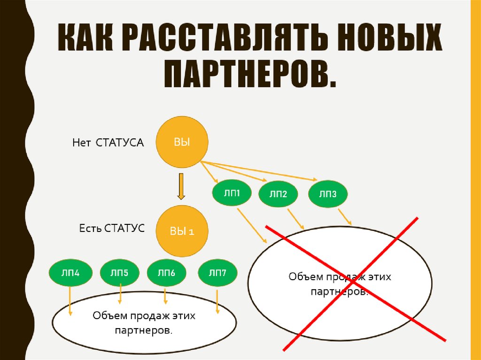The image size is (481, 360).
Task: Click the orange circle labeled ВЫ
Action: tap(182, 142)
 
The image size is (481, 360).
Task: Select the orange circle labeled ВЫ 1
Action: tap(182, 231)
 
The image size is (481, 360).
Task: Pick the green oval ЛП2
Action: tap(278, 193)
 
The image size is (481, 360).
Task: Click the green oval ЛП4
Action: tap(70, 272)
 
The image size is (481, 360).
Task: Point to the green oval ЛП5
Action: tap(119, 272)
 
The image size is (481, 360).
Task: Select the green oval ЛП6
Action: tap(166, 272)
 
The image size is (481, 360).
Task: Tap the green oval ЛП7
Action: tap(217, 272)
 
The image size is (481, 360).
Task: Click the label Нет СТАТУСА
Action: tap(108, 142)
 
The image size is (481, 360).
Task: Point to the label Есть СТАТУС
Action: tap(112, 229)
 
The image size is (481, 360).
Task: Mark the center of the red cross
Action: tap(353, 284)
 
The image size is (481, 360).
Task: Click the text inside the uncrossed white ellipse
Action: tap(144, 323)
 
